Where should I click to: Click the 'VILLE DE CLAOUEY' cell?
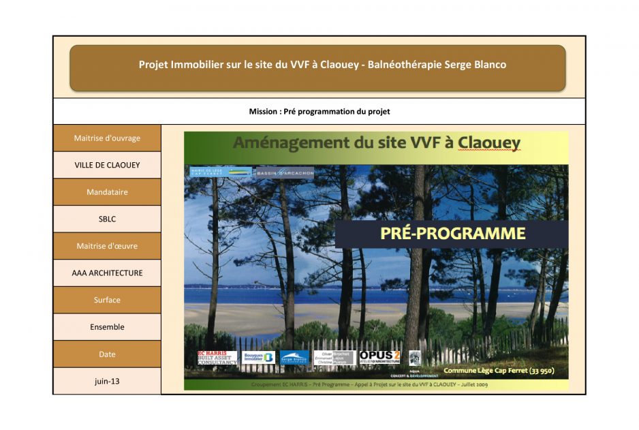coord(107,165)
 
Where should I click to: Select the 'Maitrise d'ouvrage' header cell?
coord(107,138)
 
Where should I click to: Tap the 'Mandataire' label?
coord(107,192)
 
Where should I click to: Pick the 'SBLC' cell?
coord(107,219)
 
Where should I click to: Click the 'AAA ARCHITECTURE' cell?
coord(107,273)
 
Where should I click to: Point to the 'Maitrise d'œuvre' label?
coord(107,246)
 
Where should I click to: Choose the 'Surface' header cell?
coord(107,300)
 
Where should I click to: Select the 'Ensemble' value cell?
coord(107,327)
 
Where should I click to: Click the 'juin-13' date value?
coord(107,381)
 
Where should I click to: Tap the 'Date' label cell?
coord(107,354)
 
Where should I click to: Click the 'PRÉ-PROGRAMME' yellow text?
coord(452,233)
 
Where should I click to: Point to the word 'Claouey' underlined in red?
coord(489,143)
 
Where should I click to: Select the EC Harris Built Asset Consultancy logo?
coord(217,358)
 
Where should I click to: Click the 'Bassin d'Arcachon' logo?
coord(285,173)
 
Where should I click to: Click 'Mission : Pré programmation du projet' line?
coord(319,111)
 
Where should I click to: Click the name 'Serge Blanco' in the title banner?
coord(475,65)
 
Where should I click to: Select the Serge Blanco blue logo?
coord(294,358)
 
